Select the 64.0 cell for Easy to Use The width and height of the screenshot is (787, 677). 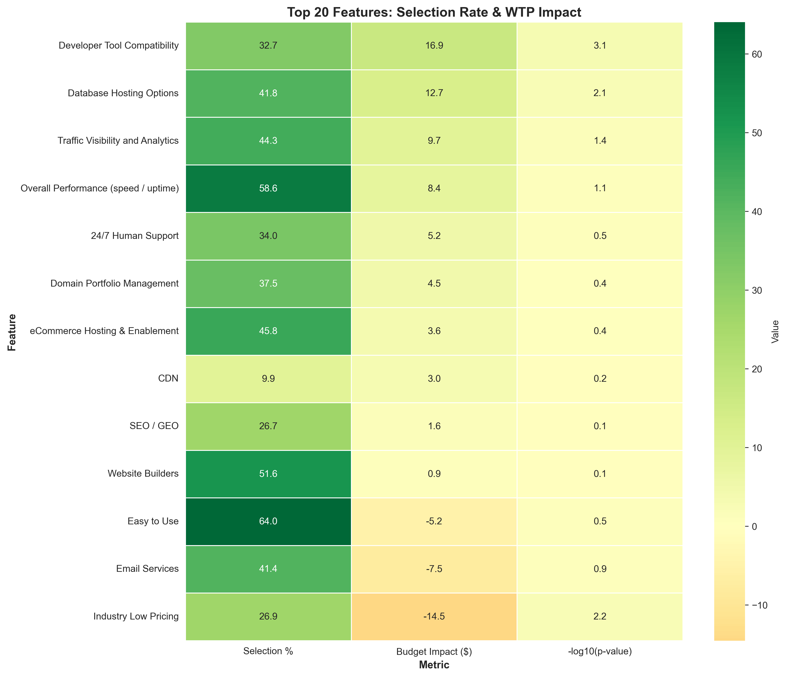(x=269, y=521)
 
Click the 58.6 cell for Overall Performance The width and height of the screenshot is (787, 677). (x=269, y=188)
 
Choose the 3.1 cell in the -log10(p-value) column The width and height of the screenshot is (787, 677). (x=599, y=46)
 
